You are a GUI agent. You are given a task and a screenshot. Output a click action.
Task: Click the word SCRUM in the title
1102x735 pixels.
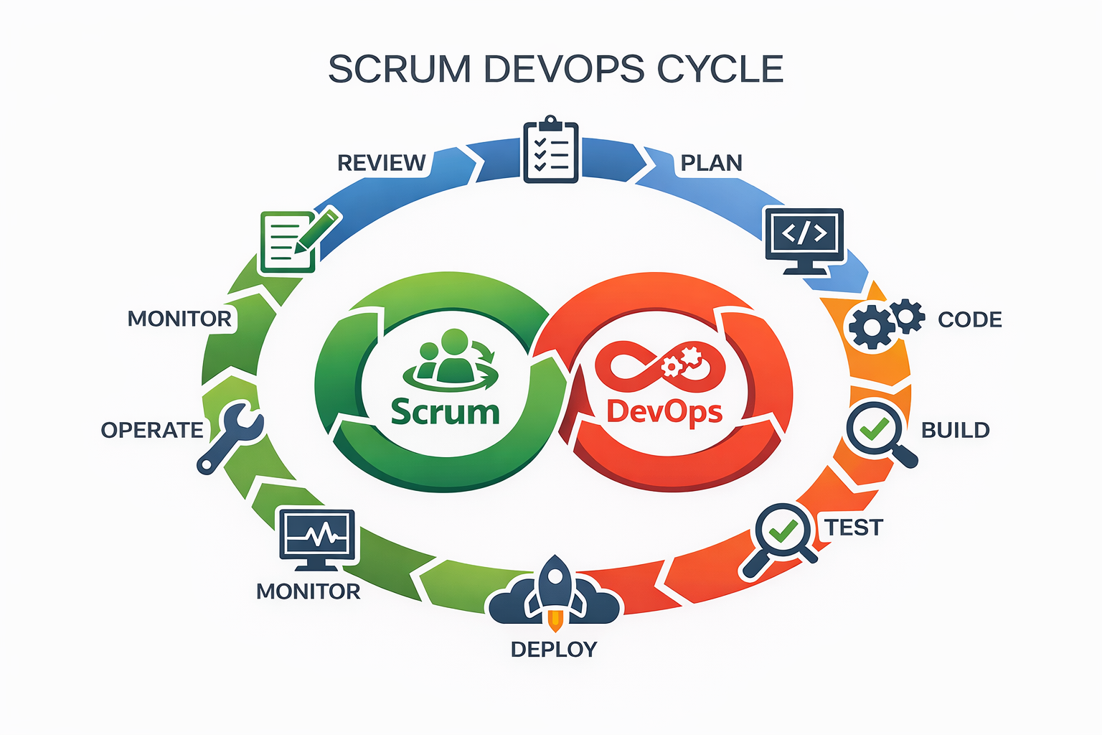click(x=400, y=70)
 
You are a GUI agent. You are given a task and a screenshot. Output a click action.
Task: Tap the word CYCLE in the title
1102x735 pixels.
click(x=720, y=70)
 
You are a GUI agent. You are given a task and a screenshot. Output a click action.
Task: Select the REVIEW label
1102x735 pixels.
click(x=381, y=163)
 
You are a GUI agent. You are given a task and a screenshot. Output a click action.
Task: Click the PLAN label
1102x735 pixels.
click(x=711, y=163)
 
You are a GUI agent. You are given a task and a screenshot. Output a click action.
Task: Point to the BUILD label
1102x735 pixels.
click(x=955, y=430)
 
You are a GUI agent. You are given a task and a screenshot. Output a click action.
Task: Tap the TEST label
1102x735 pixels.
click(x=853, y=528)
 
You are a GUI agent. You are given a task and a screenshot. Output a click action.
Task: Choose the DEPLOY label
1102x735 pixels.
click(x=553, y=649)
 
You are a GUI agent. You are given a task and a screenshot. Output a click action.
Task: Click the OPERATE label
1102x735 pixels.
click(x=152, y=430)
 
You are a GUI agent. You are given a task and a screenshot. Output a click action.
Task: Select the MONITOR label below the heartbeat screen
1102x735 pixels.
click(x=308, y=591)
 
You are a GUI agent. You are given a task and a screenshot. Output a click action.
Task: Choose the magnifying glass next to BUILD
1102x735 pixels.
click(x=877, y=432)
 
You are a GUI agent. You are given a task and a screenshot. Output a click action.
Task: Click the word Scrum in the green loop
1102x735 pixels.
click(x=445, y=413)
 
